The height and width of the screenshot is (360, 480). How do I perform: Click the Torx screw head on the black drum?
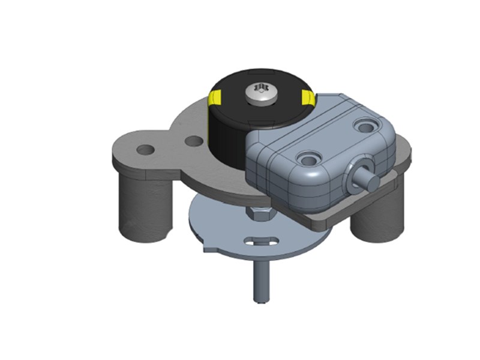[260, 91]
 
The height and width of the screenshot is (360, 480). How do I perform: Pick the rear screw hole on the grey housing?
[364, 125]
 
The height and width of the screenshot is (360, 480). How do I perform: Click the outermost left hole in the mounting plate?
[145, 148]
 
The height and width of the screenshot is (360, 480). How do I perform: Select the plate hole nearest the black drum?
[193, 142]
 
